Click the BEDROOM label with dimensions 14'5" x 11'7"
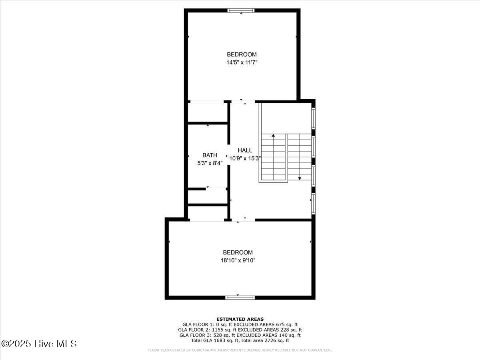[x=242, y=54]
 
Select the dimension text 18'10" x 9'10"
[x=238, y=260]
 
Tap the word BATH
[x=210, y=155]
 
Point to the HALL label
[x=245, y=150]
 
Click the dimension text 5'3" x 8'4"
[x=210, y=163]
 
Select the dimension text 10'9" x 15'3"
[x=245, y=158]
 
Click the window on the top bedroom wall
[x=241, y=10]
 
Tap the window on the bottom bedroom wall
[x=240, y=297]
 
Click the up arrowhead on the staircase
[x=274, y=136]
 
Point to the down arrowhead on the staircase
[x=300, y=178]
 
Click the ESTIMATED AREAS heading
[x=240, y=319]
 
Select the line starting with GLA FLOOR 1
[x=240, y=324]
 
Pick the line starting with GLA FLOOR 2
[x=240, y=330]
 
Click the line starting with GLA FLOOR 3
[x=240, y=335]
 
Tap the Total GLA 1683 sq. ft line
[x=240, y=340]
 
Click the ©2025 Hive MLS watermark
[x=39, y=344]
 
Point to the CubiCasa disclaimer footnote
[x=240, y=350]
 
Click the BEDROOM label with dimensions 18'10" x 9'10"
[x=238, y=252]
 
